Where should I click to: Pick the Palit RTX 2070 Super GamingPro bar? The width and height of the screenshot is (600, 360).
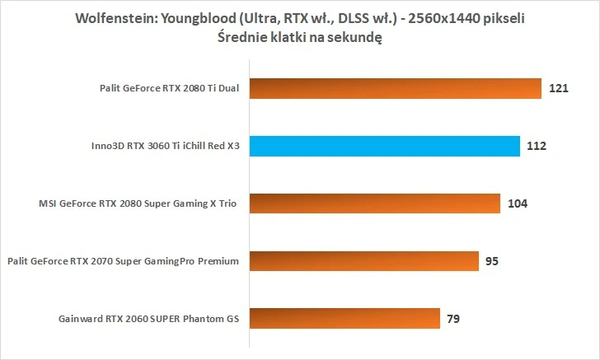tap(363, 261)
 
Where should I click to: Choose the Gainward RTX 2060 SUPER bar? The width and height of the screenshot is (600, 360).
tap(344, 318)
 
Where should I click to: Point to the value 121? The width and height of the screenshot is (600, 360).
tap(559, 89)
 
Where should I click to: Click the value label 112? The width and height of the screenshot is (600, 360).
tap(537, 147)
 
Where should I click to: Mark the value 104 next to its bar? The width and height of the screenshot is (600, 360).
tap(518, 203)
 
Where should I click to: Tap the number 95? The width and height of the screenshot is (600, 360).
tap(491, 261)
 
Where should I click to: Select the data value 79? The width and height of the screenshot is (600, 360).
tap(452, 318)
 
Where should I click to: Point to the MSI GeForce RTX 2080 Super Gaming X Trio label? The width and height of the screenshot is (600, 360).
tap(143, 203)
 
